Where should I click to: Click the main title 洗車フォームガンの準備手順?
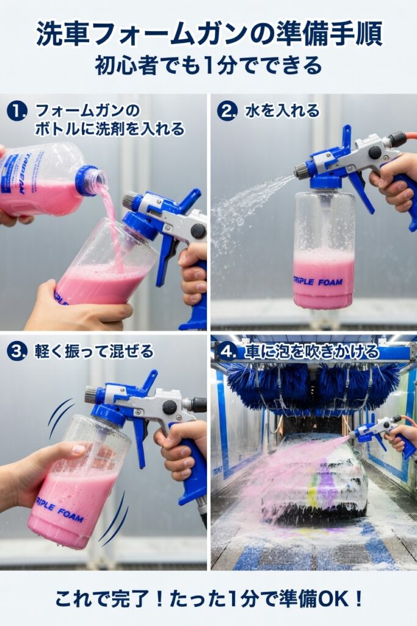(x=208, y=34)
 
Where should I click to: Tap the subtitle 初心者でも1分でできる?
(x=208, y=65)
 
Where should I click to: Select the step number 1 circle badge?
(x=16, y=111)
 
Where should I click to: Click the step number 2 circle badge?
(x=227, y=111)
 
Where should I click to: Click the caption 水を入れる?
(x=282, y=111)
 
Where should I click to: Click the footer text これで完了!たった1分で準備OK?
(x=208, y=597)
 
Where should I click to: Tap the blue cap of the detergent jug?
(x=87, y=180)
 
